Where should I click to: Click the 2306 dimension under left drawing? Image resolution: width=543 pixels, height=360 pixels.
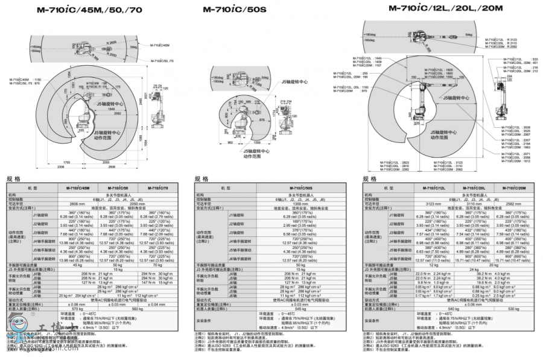60,166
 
